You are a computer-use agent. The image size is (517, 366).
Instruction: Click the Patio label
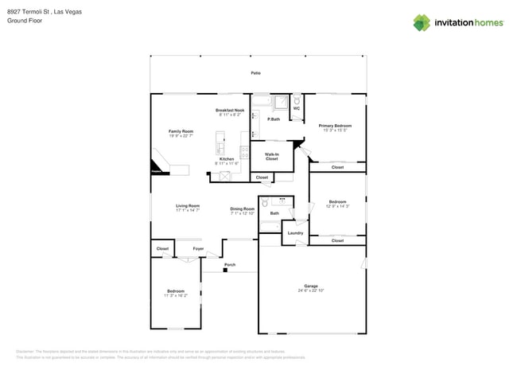tap(255, 73)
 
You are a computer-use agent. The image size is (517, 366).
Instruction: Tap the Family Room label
tap(181, 131)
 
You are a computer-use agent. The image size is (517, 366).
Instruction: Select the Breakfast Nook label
tap(230, 110)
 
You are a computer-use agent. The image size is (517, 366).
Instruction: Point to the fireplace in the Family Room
tap(157, 166)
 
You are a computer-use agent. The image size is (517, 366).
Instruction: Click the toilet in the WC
tap(297, 100)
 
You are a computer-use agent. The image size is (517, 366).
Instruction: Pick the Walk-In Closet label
tap(271, 157)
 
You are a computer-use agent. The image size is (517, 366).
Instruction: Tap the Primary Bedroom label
tap(335, 126)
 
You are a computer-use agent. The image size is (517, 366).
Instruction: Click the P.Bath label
tap(273, 119)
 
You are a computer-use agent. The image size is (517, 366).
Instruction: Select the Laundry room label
tap(295, 233)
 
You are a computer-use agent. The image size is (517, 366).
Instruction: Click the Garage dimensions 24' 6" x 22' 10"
tap(311, 290)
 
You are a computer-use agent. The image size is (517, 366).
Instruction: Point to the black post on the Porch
tap(225, 271)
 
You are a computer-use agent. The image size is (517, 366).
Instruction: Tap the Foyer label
tap(198, 249)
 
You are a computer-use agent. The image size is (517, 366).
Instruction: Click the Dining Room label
tap(243, 208)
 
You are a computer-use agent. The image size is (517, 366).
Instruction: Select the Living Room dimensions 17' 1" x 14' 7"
tap(188, 210)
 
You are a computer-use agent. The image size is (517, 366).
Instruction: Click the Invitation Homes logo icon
tap(422, 22)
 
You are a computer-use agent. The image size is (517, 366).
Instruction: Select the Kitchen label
tap(227, 159)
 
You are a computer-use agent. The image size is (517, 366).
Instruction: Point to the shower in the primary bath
tap(281, 102)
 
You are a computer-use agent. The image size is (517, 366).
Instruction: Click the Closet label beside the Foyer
tap(162, 249)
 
